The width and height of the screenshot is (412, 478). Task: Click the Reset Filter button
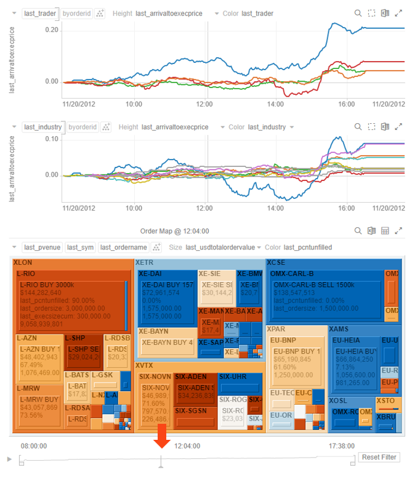[379, 457]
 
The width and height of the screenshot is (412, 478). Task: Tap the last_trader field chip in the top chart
[40, 13]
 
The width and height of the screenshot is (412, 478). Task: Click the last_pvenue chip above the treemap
[42, 247]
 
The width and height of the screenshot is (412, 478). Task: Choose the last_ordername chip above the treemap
[123, 247]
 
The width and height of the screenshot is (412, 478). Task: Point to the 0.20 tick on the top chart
[51, 30]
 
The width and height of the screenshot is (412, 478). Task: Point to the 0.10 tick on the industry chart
[51, 139]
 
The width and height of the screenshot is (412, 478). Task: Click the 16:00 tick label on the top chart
[347, 103]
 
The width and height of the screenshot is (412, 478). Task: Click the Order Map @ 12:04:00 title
[174, 231]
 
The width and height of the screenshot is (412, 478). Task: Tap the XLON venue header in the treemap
[23, 262]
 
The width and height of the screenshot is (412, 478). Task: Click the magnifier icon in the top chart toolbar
[358, 13]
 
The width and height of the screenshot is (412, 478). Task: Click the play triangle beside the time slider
[9, 459]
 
